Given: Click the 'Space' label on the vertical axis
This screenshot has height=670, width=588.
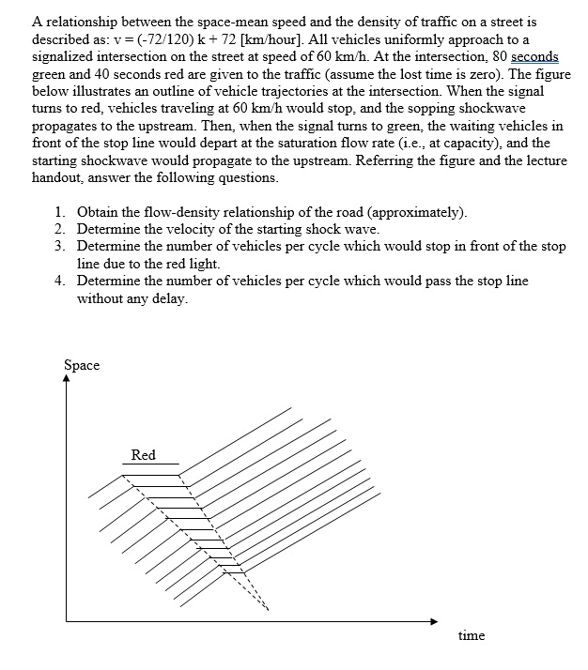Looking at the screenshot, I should click(82, 365).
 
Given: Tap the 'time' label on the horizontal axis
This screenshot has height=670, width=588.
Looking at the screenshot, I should click(471, 636).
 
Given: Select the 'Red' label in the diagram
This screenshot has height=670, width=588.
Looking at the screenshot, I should click(143, 455).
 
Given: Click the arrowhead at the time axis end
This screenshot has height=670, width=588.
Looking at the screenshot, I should click(433, 621).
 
